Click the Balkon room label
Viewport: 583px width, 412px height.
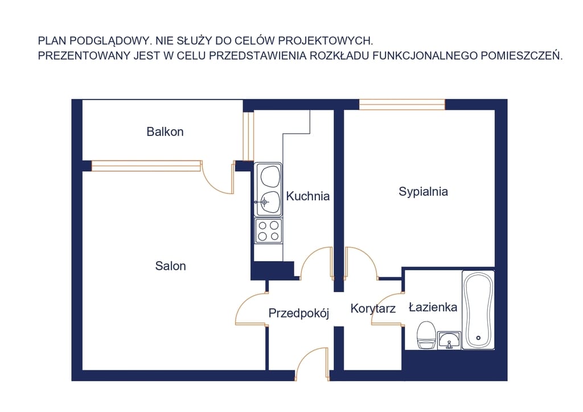point(165,132)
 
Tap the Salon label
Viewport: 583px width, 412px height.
point(170,266)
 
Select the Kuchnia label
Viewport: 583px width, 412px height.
point(308,196)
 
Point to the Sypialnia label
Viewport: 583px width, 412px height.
point(423,192)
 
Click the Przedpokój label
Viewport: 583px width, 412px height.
point(299,313)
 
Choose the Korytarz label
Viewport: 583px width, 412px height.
point(373,309)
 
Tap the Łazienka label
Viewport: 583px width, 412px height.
point(433,307)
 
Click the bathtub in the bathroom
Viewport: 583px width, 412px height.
point(478,310)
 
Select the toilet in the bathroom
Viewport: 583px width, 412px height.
point(426,335)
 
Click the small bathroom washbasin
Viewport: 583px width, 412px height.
point(449,340)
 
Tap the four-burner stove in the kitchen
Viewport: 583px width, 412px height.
point(268,230)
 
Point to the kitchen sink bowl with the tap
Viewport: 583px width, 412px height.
point(269,203)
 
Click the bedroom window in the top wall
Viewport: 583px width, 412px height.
point(402,104)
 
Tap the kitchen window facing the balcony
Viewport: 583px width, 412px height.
point(248,136)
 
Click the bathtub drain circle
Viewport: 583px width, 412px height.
point(478,337)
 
